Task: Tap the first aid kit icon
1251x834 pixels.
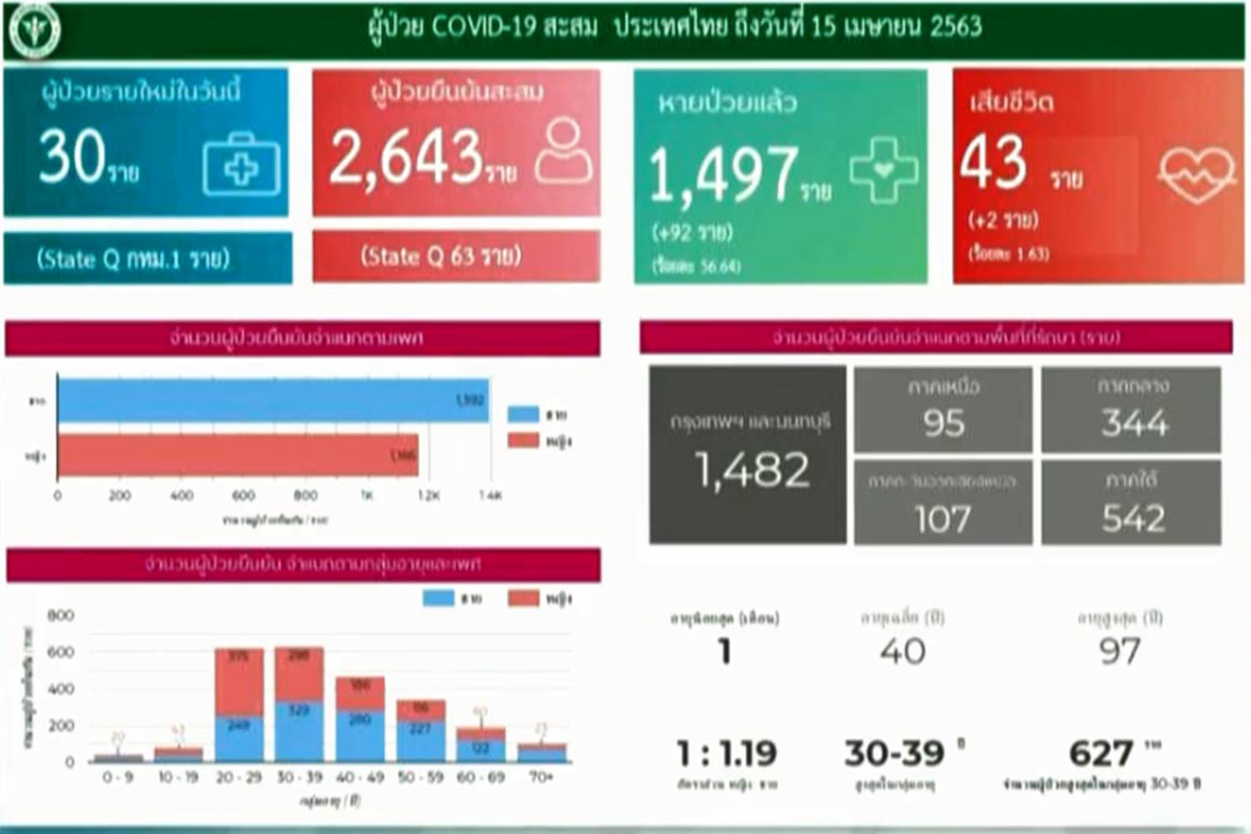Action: tap(241, 165)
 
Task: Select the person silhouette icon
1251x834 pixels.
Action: tap(564, 150)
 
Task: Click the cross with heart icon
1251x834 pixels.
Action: tap(883, 170)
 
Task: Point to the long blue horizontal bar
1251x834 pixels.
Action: tap(273, 400)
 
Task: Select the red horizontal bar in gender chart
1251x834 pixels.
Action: tap(238, 455)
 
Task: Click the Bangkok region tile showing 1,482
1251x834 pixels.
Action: tap(748, 455)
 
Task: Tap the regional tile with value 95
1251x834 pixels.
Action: tap(943, 410)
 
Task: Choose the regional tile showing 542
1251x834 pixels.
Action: tap(1132, 504)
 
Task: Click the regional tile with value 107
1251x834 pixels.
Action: tap(943, 504)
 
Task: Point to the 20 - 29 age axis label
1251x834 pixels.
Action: tap(239, 777)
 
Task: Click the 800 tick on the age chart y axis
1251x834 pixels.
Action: tap(61, 615)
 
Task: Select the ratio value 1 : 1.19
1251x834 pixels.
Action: tap(726, 754)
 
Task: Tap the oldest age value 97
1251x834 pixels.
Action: tap(1119, 651)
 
